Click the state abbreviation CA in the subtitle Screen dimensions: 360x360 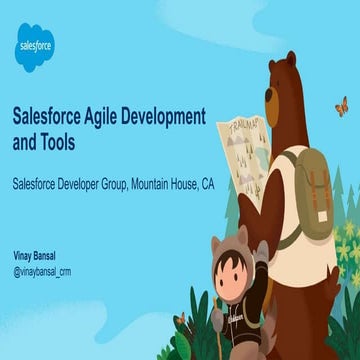(x=207, y=185)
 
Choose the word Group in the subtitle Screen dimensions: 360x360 (x=105, y=185)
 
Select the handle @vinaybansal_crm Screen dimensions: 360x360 (x=42, y=271)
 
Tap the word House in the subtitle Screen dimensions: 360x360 (x=184, y=185)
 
